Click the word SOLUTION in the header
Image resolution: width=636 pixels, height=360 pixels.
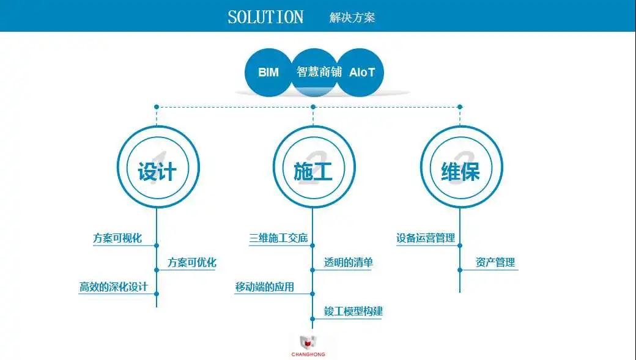265,17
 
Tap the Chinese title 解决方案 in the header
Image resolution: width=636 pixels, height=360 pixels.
352,17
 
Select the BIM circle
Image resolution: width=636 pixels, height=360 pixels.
268,72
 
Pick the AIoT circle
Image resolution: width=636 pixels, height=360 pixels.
362,72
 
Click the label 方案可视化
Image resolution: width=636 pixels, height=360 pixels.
117,238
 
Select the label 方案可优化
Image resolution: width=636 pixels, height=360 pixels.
192,263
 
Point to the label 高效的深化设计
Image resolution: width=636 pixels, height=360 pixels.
114,287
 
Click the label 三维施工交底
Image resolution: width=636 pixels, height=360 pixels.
278,238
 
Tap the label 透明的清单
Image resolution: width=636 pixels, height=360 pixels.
349,263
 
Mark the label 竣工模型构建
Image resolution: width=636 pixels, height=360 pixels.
353,311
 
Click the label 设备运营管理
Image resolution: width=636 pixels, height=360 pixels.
426,238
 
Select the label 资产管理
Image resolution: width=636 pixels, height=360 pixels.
495,263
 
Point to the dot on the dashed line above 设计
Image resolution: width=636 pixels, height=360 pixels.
157,107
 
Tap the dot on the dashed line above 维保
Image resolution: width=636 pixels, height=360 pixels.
460,107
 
